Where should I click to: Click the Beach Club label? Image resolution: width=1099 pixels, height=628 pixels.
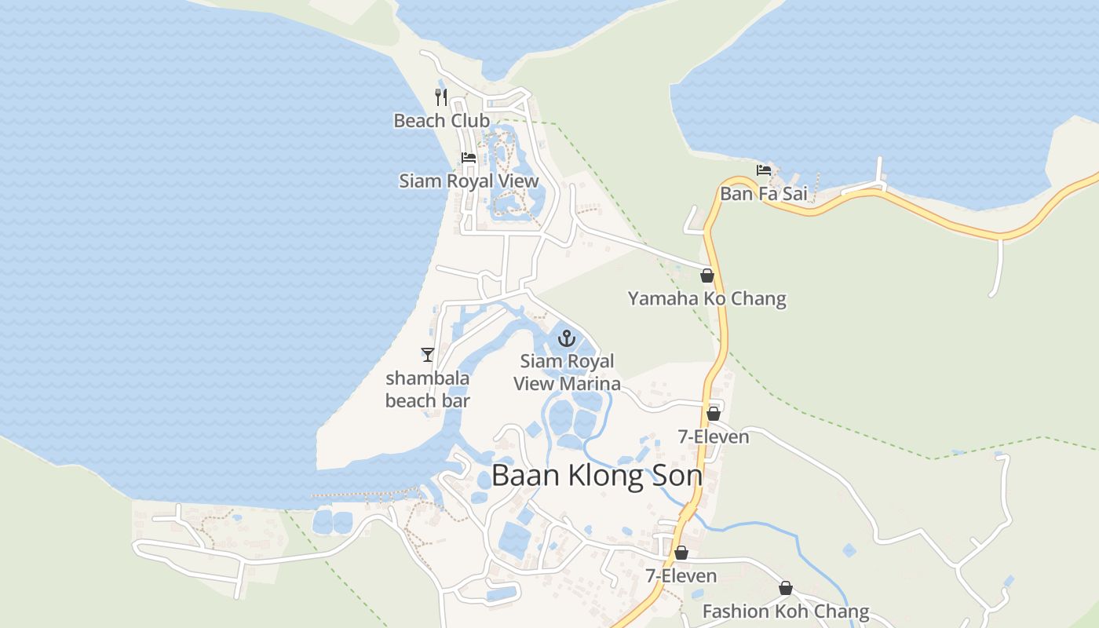[x=441, y=121]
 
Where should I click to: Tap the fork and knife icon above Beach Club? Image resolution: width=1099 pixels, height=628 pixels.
[x=441, y=97]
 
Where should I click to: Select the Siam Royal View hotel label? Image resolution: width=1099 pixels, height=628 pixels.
[x=469, y=181]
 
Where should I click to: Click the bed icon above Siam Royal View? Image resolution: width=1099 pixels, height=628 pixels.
[x=469, y=157]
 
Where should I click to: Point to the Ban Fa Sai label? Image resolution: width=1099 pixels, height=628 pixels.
[x=763, y=193]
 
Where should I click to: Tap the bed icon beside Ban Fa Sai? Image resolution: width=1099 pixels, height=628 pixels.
[x=763, y=170]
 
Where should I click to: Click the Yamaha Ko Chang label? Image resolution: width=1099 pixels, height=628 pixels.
[x=706, y=298]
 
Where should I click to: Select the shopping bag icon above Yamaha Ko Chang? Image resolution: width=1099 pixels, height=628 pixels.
[x=706, y=276]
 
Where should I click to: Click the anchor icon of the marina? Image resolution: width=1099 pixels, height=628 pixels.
[x=566, y=338]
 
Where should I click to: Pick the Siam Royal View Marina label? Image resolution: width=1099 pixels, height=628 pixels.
[x=567, y=372]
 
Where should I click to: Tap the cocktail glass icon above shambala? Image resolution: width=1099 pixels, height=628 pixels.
[x=427, y=355]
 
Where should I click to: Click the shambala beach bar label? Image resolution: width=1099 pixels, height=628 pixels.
[x=427, y=389]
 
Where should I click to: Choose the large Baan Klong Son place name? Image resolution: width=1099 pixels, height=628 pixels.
[x=597, y=476]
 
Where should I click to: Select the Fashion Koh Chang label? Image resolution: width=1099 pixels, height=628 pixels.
[x=785, y=612]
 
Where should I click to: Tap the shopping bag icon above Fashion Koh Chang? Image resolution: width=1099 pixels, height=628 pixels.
[x=785, y=588]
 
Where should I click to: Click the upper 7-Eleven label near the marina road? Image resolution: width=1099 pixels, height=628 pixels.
[x=713, y=436]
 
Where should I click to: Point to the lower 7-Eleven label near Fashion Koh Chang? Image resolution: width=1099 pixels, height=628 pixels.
[x=681, y=576]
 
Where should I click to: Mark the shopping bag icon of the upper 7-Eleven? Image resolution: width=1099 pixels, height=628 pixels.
[x=714, y=413]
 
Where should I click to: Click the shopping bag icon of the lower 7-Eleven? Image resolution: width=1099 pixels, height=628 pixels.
[x=681, y=553]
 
